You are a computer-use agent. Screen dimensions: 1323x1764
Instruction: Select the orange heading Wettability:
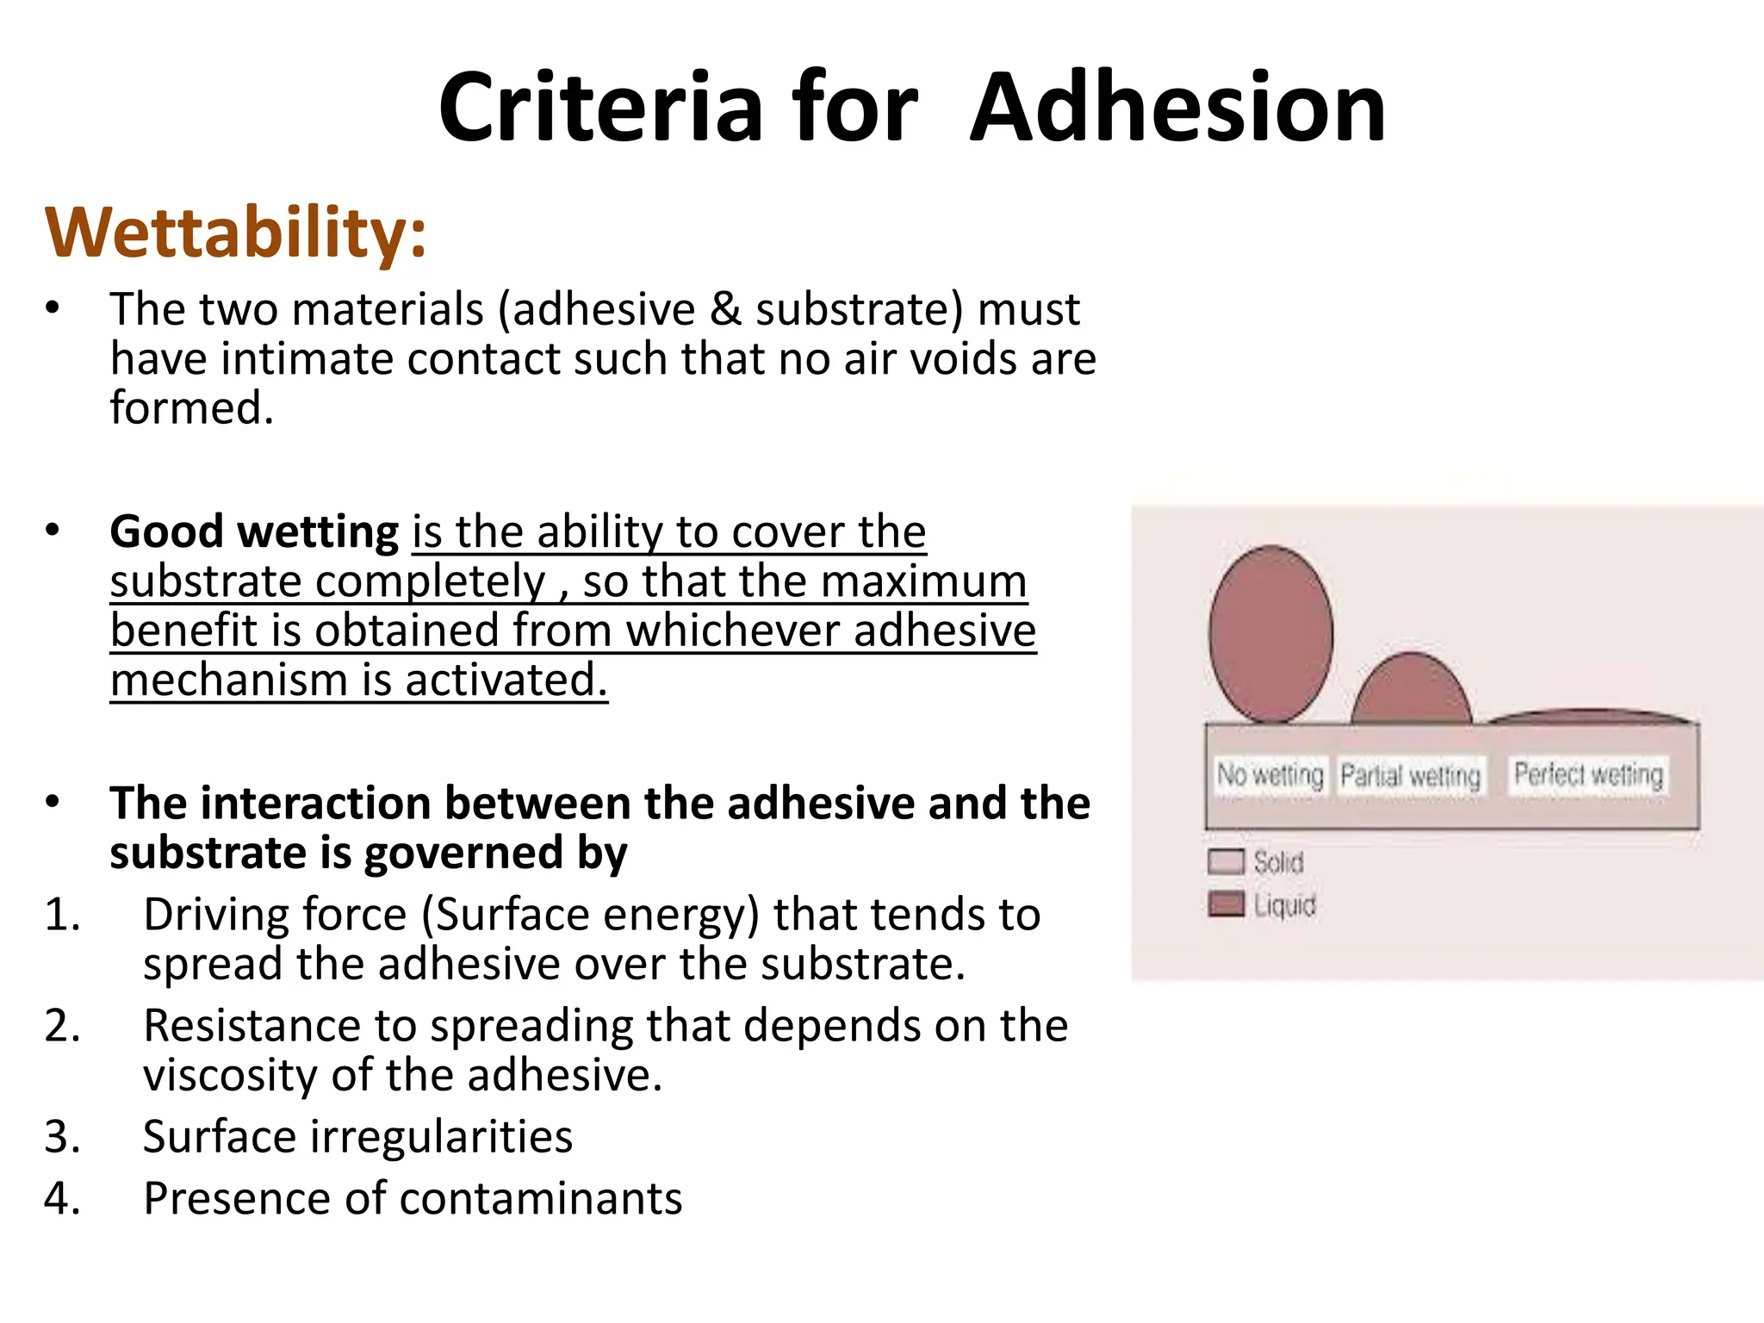pyautogui.click(x=235, y=233)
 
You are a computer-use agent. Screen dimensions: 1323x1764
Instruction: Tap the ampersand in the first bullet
pyautogui.click(x=725, y=309)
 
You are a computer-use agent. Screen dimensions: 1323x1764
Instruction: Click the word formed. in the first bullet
pyautogui.click(x=191, y=408)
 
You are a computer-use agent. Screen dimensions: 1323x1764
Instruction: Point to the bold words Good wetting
pyautogui.click(x=254, y=531)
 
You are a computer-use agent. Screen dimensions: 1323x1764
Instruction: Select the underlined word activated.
pyautogui.click(x=506, y=680)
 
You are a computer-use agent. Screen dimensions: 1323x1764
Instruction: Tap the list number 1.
pyautogui.click(x=62, y=915)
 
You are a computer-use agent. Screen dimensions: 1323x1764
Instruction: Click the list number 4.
pyautogui.click(x=62, y=1199)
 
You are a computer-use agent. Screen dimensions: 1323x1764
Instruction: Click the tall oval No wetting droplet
pyautogui.click(x=1270, y=635)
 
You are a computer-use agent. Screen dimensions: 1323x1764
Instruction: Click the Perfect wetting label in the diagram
pyautogui.click(x=1588, y=774)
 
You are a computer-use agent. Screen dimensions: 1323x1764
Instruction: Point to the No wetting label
pyautogui.click(x=1270, y=774)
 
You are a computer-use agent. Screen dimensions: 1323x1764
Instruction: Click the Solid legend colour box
pyautogui.click(x=1226, y=861)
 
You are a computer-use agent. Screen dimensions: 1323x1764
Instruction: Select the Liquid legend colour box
pyautogui.click(x=1226, y=904)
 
